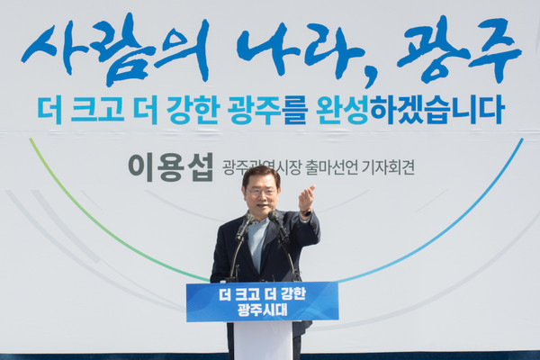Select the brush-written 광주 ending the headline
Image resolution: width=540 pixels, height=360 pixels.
pos(458,49)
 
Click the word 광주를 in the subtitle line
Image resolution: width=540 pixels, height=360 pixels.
pos(256,110)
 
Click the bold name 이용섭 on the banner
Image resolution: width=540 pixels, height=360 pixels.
pos(170,166)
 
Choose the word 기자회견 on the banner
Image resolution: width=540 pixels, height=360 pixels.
pos(385,167)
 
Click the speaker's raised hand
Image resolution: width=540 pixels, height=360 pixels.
pos(307,198)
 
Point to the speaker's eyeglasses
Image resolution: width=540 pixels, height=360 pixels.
pos(261,192)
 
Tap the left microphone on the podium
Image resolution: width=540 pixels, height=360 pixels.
pos(244,225)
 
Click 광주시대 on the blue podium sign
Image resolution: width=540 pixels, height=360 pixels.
pos(261,310)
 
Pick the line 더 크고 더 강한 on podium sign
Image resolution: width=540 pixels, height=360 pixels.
pos(261,294)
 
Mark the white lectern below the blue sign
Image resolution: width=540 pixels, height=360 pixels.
pos(262,340)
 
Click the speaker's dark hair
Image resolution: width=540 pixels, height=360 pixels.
pos(261,174)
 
